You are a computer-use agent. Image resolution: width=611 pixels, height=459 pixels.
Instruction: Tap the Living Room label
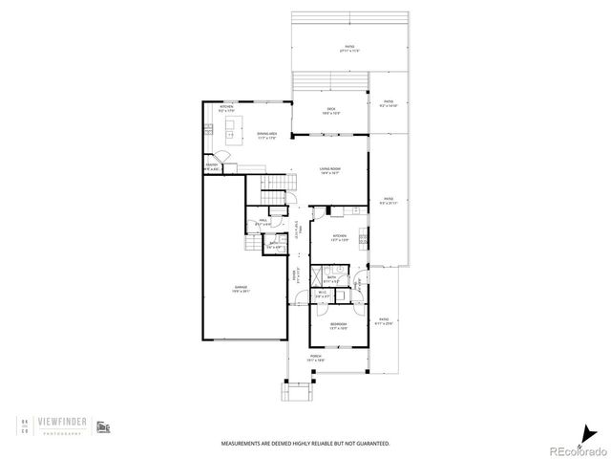pyautogui.click(x=330, y=171)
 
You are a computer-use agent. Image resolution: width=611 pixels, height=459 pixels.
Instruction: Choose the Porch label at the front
pyautogui.click(x=316, y=357)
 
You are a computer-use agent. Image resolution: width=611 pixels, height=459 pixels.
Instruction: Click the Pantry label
pyautogui.click(x=211, y=168)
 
